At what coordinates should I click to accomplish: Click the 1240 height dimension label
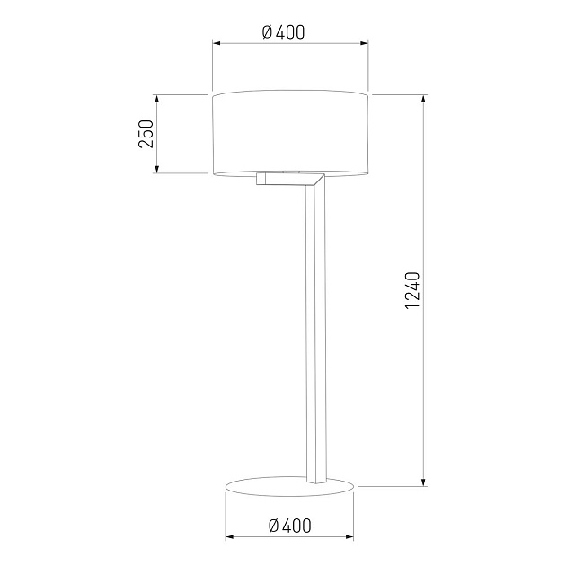pyautogui.click(x=412, y=290)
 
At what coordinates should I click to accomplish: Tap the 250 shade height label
pyautogui.click(x=146, y=134)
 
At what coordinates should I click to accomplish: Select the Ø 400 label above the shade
pyautogui.click(x=283, y=32)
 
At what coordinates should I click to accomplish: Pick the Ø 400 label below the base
pyautogui.click(x=290, y=526)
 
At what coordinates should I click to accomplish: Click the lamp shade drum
pyautogui.click(x=290, y=134)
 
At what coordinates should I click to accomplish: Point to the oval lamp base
pyautogui.click(x=289, y=486)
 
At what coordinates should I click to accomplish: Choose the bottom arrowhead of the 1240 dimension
pyautogui.click(x=424, y=482)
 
